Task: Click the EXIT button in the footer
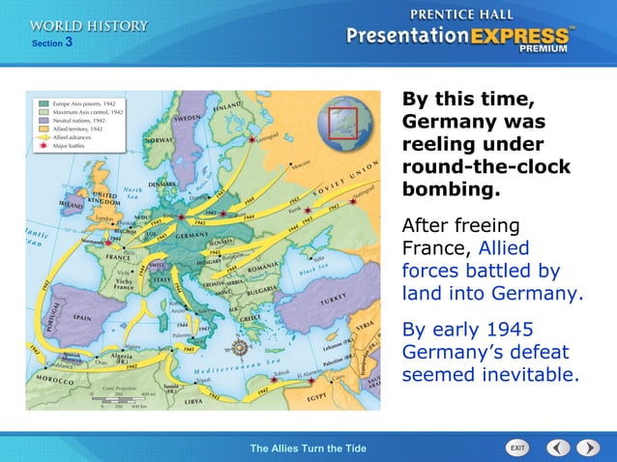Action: coord(517,448)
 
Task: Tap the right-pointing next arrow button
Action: coord(588,448)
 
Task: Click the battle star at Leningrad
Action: coord(253,140)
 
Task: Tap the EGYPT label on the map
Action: coord(319,396)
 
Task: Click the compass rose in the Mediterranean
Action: coord(239,349)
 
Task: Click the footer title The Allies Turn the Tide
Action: coord(308,448)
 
